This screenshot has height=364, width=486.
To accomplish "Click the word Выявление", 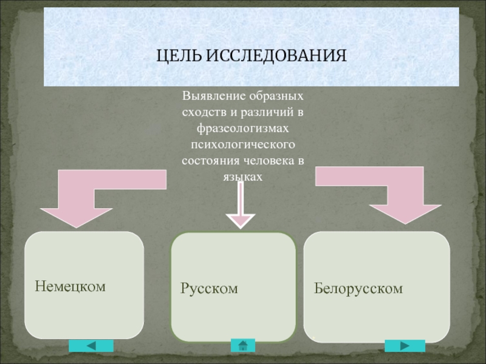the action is tap(214, 96).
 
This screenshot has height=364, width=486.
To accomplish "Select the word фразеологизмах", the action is tap(242, 128).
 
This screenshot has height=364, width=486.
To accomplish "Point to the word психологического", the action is tap(242, 144).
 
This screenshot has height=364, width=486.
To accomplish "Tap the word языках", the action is tap(242, 177).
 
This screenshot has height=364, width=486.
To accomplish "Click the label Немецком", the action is tap(70, 286).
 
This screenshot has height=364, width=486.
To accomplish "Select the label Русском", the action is tap(209, 289).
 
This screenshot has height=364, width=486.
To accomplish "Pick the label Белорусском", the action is tap(358, 289).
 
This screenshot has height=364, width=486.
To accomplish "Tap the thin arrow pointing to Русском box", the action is tap(241, 205).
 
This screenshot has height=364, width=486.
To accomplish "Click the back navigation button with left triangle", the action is tap(91, 345).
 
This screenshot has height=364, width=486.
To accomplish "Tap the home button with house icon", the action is tap(243, 345).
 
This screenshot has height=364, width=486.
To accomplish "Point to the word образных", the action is tap(276, 96).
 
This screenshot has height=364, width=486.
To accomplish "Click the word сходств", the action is tap(204, 112).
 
